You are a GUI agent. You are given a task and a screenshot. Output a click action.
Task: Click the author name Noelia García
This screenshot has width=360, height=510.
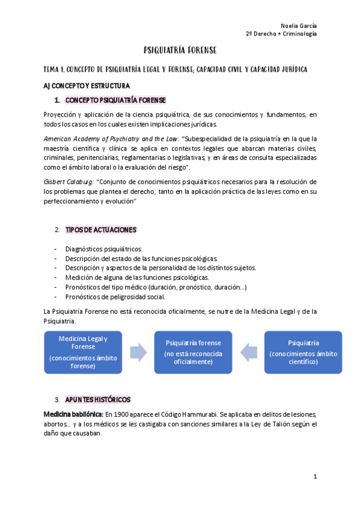click(x=299, y=25)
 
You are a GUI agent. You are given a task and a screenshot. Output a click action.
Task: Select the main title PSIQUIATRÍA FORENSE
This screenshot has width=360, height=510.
click(x=180, y=50)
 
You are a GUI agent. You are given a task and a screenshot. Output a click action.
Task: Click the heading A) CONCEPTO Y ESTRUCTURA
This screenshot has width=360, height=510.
click(x=86, y=85)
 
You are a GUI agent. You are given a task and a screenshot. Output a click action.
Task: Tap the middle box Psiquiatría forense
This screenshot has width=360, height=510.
click(x=193, y=352)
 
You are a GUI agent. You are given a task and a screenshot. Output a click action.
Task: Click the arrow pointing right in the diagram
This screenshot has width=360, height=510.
click(x=138, y=352)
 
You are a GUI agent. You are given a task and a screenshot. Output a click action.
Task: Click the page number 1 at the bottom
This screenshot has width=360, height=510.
click(x=314, y=477)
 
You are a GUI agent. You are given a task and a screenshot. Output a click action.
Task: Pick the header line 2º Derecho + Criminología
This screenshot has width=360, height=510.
click(x=281, y=34)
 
